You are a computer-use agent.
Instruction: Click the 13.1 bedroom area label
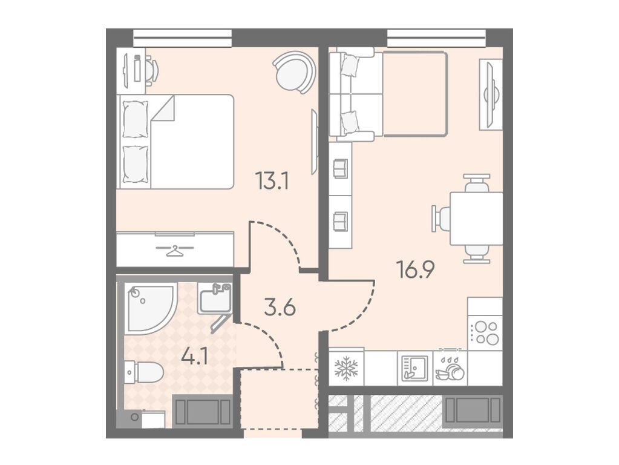[272, 181]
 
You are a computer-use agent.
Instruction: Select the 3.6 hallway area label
[280, 308]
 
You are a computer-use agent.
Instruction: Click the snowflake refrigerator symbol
[346, 368]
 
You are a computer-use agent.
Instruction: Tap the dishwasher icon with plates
[450, 370]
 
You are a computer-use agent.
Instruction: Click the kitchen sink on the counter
[414, 368]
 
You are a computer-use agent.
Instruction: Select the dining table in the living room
[476, 218]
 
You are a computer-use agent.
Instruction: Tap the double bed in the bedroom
[175, 142]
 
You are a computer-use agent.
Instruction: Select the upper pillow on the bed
[136, 119]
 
